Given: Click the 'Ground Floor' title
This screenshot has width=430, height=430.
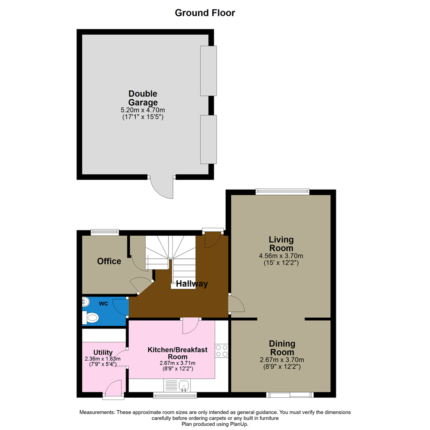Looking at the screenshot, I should coord(205,13).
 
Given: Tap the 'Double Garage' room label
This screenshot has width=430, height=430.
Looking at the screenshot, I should coord(143,98).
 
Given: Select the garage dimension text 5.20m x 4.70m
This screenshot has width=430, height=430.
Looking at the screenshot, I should coord(143,110).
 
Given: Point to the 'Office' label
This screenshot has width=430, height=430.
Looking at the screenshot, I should coord(109,261).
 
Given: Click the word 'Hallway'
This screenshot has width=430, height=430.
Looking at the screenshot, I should coord(192,284).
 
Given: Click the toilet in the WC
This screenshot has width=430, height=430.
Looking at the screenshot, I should coord(90,318).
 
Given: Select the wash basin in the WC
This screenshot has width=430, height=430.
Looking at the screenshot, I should coord(86,303).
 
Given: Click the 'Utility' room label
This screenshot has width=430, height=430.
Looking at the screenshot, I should coord(103,352).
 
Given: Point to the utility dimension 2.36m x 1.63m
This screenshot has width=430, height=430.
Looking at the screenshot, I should coord(103,359).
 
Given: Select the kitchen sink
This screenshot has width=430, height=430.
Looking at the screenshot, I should coord(184,385).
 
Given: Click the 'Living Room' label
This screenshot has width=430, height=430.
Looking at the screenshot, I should coord(281,244).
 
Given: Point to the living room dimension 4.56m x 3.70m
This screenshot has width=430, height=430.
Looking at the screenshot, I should coord(281,256).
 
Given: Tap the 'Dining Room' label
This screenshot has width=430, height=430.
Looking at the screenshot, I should coord(282,348).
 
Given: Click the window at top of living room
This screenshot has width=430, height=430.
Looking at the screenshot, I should coord(282,192).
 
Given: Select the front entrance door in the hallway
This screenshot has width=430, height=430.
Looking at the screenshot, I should coord(213,239).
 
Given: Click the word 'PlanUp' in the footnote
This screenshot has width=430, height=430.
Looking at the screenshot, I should coord(237,424).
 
